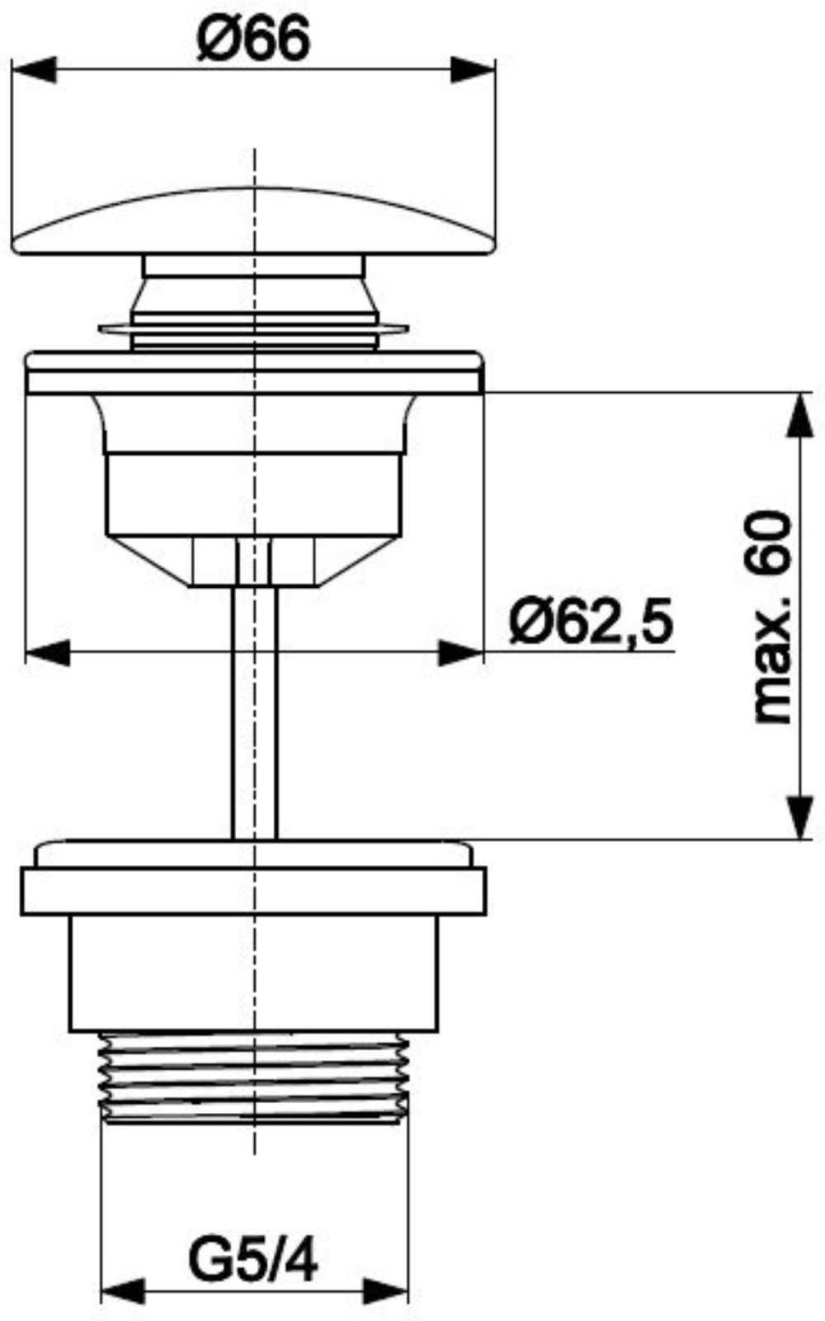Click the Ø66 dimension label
(x=253, y=38)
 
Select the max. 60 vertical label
(x=772, y=617)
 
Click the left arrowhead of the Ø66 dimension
(x=34, y=70)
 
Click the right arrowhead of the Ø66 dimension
(x=474, y=70)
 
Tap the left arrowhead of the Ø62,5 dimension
(x=48, y=653)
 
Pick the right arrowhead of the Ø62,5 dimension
(x=461, y=653)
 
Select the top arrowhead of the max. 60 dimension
(x=800, y=415)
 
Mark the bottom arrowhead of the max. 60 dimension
(x=800, y=817)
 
